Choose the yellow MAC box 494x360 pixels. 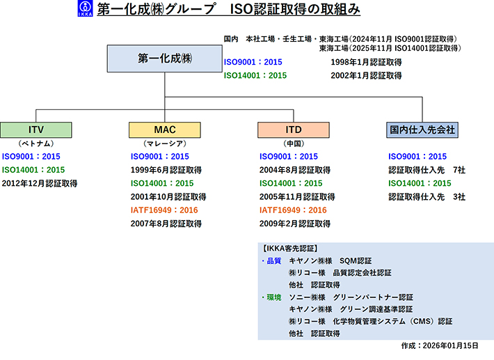pyautogui.click(x=164, y=130)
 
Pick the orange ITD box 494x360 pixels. pyautogui.click(x=294, y=130)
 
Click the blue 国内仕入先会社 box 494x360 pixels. pyautogui.click(x=422, y=130)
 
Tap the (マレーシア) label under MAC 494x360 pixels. pyautogui.click(x=164, y=143)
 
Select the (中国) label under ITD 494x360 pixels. pyautogui.click(x=294, y=143)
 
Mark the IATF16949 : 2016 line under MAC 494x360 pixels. pyautogui.click(x=164, y=210)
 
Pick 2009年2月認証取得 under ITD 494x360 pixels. pyautogui.click(x=294, y=224)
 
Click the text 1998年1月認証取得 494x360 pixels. pyautogui.click(x=366, y=62)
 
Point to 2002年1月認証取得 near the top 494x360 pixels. pyautogui.click(x=366, y=75)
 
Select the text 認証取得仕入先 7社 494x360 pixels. pyautogui.click(x=427, y=170)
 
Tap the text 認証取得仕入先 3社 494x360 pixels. pyautogui.click(x=427, y=197)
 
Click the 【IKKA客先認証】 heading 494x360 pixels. pyautogui.click(x=289, y=248)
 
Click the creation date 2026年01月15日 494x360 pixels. pyautogui.click(x=440, y=345)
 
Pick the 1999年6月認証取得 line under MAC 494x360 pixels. pyautogui.click(x=166, y=170)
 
